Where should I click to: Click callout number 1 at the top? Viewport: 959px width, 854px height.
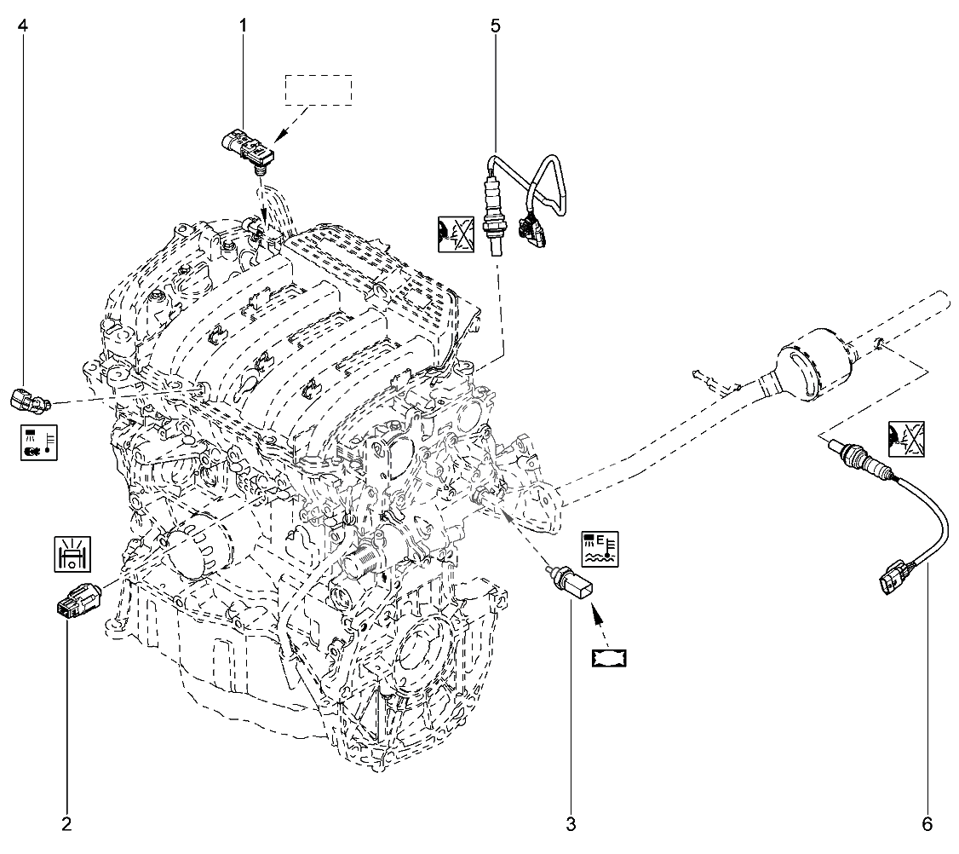pos(243,26)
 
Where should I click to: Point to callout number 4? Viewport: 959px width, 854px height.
pos(23,26)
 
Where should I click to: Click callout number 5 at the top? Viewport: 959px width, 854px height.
pos(495,26)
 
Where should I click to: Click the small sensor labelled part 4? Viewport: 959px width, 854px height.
pos(27,397)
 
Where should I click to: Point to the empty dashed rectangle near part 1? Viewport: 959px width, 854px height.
pos(318,89)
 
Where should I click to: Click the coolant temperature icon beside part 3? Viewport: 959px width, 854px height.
pos(600,549)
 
